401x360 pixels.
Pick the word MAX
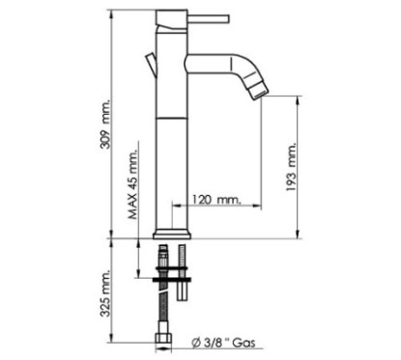click(133, 213)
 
